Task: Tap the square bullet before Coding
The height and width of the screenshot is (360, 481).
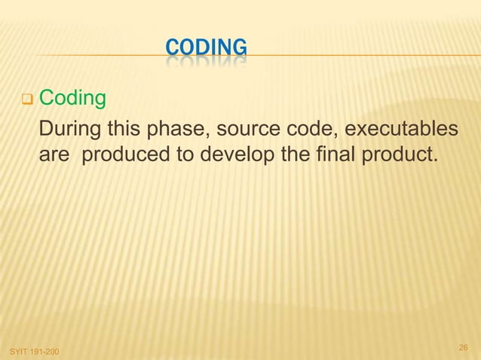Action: coord(25,99)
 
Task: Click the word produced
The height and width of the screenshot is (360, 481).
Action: coord(122,159)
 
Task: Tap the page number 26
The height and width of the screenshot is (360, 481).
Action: coord(464,347)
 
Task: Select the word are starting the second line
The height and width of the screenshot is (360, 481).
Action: coord(54,160)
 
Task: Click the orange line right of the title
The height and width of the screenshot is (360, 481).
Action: coord(362,56)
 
